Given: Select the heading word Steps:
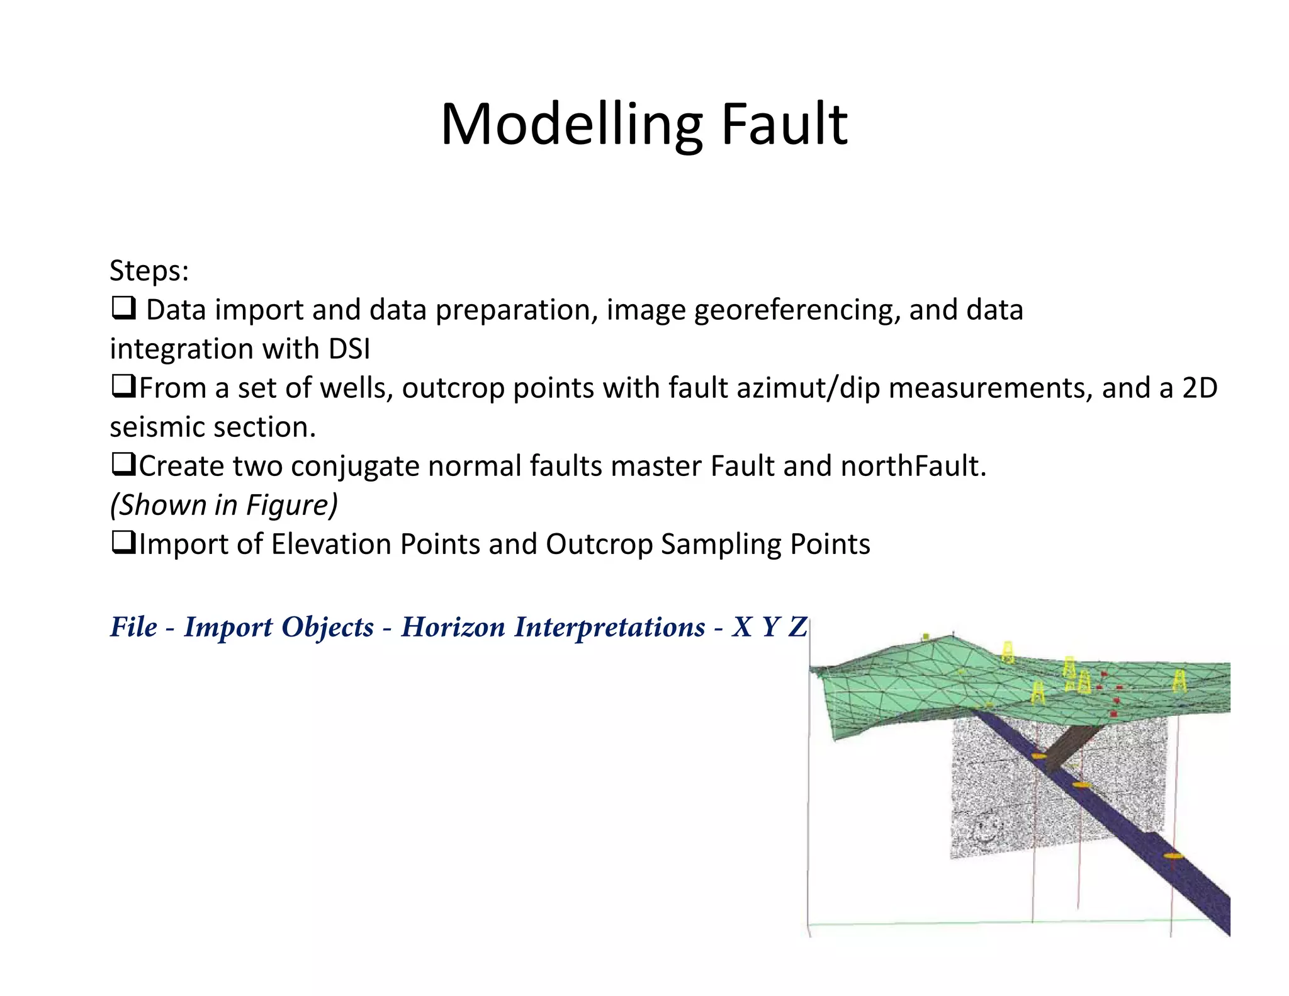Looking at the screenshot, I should point(149,271).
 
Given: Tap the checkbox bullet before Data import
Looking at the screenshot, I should point(123,308).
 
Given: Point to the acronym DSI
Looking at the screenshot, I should point(349,349).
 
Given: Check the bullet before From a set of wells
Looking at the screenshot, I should point(123,387).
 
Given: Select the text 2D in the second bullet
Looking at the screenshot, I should point(1200,388).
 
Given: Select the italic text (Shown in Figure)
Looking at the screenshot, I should point(224,505).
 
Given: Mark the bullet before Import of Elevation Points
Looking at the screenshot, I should point(123,543).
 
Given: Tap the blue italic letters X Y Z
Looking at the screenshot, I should point(769,627).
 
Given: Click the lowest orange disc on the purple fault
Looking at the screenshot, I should point(1173,856).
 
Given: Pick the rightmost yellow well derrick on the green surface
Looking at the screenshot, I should point(1179,681).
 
